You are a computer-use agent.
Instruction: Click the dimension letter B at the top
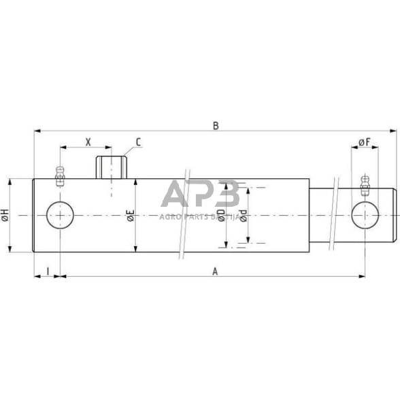(216, 125)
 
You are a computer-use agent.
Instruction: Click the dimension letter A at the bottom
(215, 271)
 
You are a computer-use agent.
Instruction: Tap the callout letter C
(138, 142)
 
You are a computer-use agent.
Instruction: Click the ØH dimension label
(6, 216)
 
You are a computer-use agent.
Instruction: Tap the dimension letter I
(48, 271)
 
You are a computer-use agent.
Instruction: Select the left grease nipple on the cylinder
(60, 174)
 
